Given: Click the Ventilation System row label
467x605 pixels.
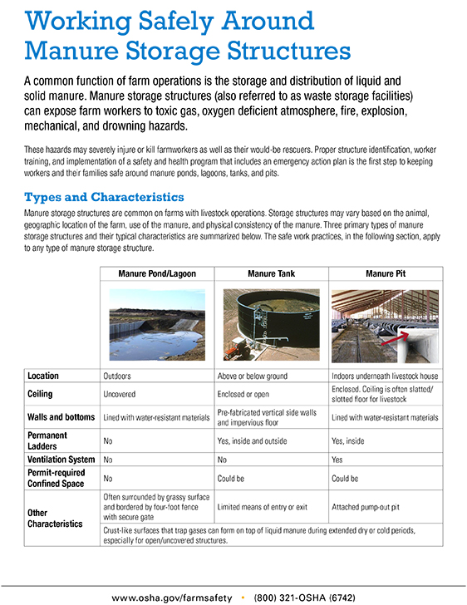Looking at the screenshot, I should click(61, 458).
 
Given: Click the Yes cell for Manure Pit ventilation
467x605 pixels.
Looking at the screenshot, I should click(338, 458).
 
